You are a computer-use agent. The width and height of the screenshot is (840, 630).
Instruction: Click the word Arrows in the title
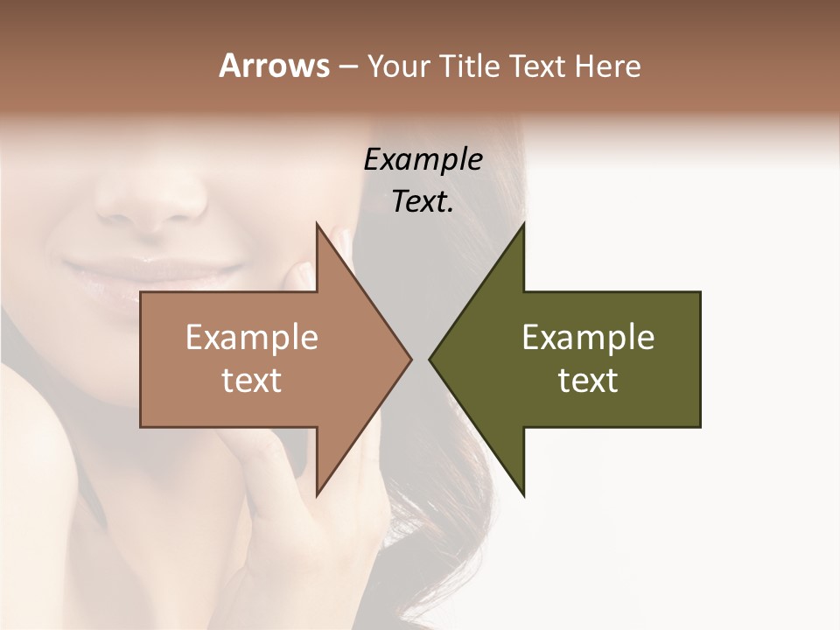[274, 66]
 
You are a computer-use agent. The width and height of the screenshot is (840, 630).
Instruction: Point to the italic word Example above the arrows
[423, 160]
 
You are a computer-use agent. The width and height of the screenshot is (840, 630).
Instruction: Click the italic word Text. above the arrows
[423, 202]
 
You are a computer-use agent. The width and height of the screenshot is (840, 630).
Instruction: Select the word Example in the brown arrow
[252, 338]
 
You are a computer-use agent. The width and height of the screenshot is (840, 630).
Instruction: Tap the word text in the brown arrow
[252, 381]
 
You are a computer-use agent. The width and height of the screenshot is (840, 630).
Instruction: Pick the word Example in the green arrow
[588, 338]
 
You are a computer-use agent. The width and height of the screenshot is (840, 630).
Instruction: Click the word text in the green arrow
[588, 381]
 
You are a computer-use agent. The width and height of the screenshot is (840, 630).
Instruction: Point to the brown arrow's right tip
[410, 359]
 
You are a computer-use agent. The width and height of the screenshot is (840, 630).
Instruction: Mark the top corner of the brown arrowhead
[318, 224]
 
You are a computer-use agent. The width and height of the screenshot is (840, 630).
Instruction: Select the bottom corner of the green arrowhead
[523, 494]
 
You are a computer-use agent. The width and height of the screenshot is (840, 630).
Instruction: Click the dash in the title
[347, 66]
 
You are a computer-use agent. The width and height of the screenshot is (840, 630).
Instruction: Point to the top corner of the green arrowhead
[523, 224]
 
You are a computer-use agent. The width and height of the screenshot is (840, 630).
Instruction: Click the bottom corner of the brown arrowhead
[318, 494]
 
